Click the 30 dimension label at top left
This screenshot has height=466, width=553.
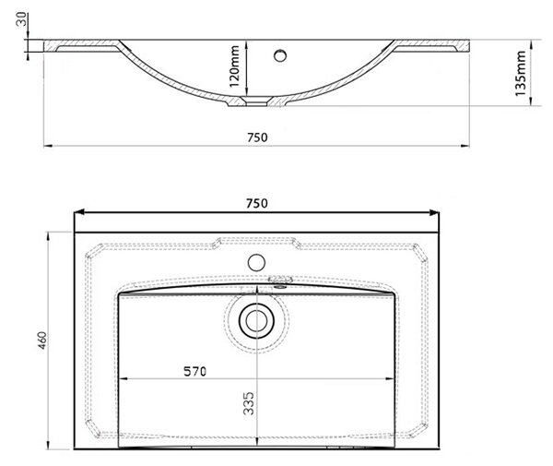click(x=21, y=18)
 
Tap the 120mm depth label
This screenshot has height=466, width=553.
click(x=234, y=66)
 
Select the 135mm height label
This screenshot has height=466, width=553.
click(x=520, y=73)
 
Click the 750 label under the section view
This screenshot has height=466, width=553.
click(x=257, y=137)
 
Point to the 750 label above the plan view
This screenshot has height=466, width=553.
click(x=257, y=203)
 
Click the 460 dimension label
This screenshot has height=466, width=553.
click(x=42, y=341)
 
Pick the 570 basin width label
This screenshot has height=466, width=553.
click(x=194, y=371)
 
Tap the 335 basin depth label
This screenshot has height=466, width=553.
click(x=249, y=403)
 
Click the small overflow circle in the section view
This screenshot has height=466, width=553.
click(x=280, y=55)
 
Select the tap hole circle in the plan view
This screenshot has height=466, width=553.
click(x=256, y=263)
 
